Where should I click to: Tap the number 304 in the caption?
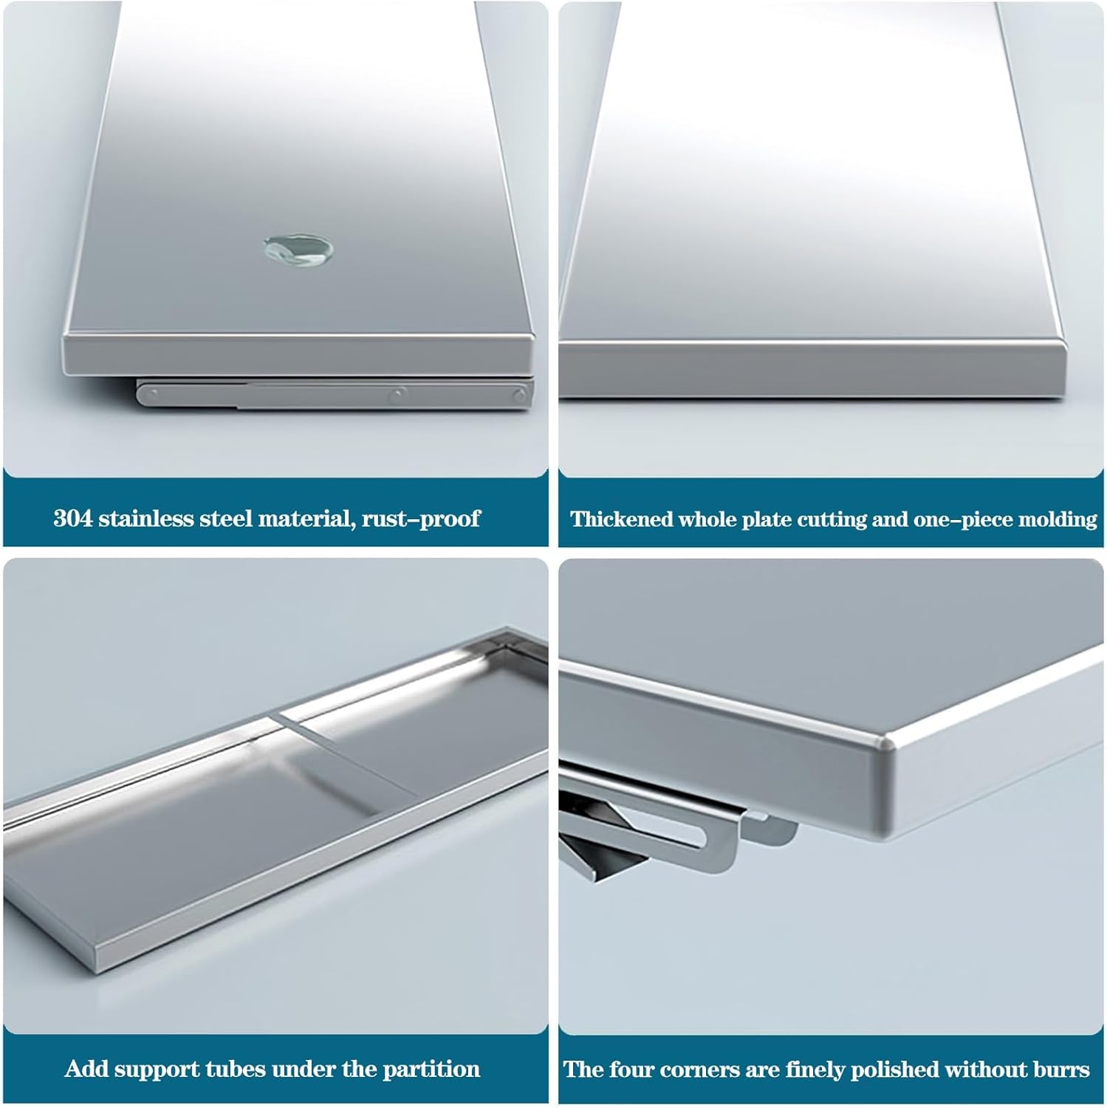click(73, 518)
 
